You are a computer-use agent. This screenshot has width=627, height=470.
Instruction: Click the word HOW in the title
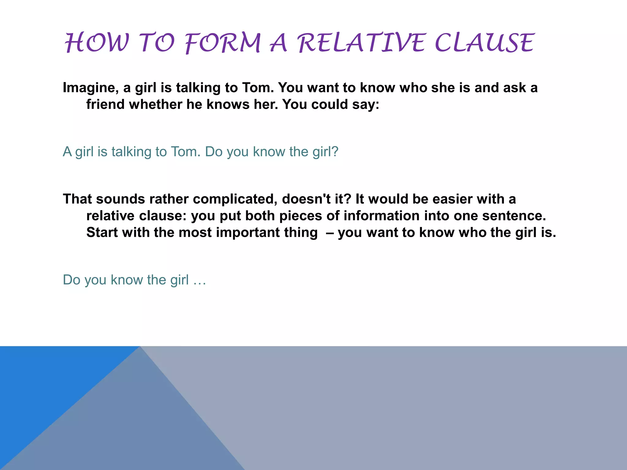pos(97,43)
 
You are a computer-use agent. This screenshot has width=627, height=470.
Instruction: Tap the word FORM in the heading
pos(223,43)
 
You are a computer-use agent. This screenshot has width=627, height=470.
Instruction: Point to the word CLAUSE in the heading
pos(484,43)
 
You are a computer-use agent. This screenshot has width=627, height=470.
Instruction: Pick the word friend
pos(105,105)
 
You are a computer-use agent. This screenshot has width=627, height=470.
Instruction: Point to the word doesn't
pos(306,199)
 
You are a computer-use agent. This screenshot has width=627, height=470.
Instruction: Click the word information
pos(381,216)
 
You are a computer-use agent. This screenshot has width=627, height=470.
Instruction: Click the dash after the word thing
pos(330,233)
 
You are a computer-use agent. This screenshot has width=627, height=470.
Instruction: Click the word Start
pos(102,233)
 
